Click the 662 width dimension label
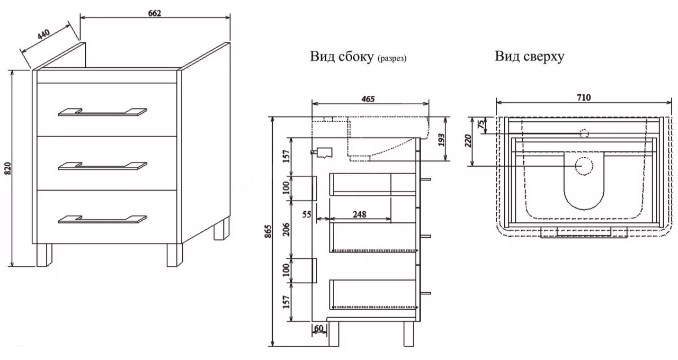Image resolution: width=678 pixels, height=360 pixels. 155,13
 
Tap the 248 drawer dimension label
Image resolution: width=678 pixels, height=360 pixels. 360,215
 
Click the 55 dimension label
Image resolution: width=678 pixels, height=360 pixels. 307,215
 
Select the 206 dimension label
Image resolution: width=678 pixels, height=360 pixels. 287,228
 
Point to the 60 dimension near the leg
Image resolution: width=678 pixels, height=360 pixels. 319,329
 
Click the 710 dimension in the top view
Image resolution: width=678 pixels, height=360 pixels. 581,97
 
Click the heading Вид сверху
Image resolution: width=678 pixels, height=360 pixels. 529,56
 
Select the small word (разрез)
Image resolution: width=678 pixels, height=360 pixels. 392,58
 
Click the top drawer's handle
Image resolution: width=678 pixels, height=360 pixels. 102,112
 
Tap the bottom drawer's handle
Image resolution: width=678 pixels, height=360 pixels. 102,219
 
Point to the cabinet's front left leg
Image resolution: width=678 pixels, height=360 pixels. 44,255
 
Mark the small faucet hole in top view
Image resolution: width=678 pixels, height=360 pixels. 584,133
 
